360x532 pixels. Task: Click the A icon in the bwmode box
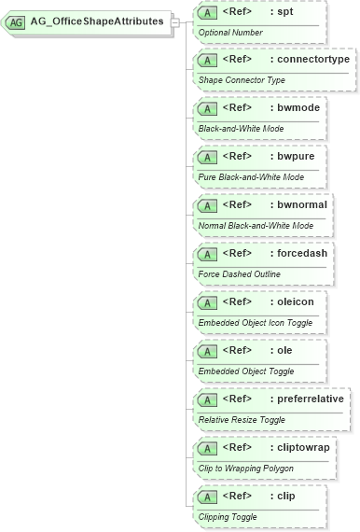point(210,109)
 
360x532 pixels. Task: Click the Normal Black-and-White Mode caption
point(256,226)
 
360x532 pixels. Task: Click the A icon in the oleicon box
point(210,303)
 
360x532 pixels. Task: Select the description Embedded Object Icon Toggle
point(256,323)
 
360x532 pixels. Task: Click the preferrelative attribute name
point(311,399)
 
